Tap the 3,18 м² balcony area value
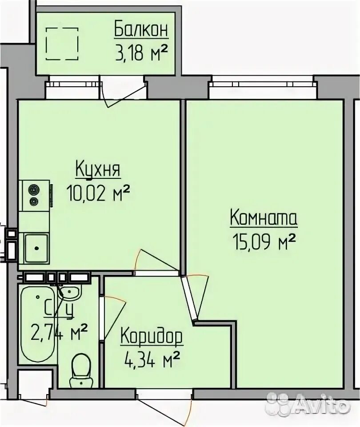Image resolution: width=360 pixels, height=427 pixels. click(x=141, y=52)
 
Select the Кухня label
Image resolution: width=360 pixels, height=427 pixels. click(x=98, y=169)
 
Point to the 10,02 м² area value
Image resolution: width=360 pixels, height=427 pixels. click(x=98, y=193)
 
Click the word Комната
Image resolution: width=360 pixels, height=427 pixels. click(x=264, y=218)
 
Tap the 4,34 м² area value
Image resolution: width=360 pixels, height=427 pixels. click(x=152, y=359)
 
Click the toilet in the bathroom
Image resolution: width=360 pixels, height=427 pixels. click(x=80, y=370)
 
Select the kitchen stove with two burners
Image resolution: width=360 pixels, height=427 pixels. click(x=35, y=194)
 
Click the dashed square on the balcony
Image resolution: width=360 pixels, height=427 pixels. click(x=62, y=43)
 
